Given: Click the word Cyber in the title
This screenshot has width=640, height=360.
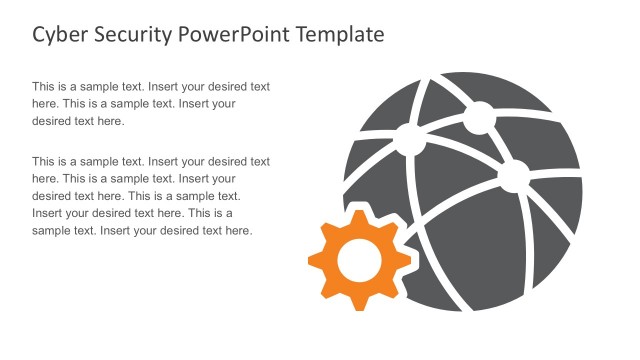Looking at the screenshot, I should coord(62,35).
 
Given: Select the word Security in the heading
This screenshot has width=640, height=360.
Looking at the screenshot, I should coord(137,35).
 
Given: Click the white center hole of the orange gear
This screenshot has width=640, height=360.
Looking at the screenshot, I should coord(360,259).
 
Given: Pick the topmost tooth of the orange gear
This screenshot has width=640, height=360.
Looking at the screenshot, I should coord(360,211).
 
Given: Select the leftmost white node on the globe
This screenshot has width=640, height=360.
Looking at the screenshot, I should coord(409,138).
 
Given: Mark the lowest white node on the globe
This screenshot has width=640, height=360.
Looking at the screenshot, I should coord(513,178).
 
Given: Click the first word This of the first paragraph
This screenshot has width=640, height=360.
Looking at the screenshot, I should coord(45,86).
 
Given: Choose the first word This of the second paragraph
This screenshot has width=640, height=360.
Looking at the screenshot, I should coord(45,161).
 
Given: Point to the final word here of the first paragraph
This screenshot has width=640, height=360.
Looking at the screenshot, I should coord(109,121).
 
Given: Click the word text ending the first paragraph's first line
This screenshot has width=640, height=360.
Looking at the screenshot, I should coord(259,86).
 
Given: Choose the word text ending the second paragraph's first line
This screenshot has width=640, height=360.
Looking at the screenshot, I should coord(259,161).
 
